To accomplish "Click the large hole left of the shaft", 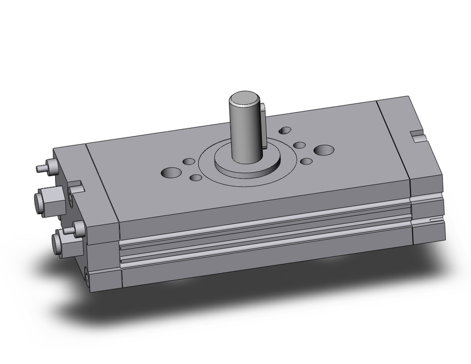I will tap(170, 173).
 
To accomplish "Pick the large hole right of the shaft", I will tap(324, 150).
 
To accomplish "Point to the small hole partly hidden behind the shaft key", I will tap(285, 130).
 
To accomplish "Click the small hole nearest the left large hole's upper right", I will tap(189, 162).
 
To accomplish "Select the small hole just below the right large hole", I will tap(306, 161).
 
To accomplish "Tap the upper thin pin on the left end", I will tap(41, 168).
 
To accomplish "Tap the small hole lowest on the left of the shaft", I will tap(196, 178).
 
